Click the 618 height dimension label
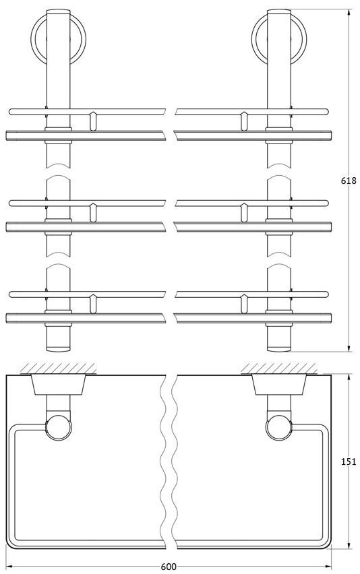point(349,181)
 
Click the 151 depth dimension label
point(349,461)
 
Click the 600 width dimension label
point(169,567)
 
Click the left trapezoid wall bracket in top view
point(58,385)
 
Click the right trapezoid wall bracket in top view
point(279,385)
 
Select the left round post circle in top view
point(59,428)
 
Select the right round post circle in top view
point(278,428)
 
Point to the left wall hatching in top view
point(58,369)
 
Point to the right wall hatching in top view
point(279,369)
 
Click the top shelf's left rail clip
point(94,121)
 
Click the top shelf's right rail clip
point(244,121)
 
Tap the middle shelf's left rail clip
point(94,213)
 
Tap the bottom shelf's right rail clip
point(244,304)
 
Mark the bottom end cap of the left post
point(58,348)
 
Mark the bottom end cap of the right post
point(279,348)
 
